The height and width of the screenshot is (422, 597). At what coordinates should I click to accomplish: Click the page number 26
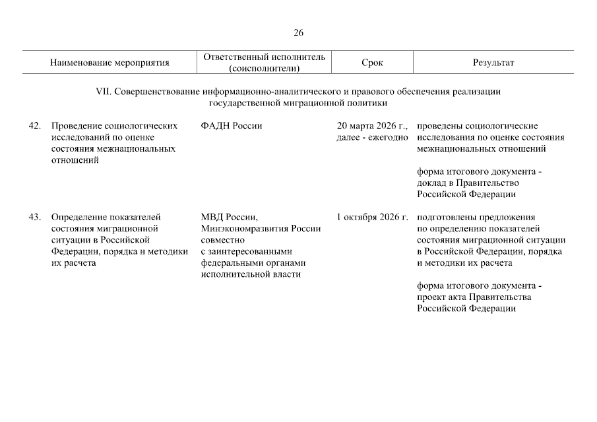click(x=298, y=32)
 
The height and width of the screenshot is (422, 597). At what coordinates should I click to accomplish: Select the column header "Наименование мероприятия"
click(x=110, y=63)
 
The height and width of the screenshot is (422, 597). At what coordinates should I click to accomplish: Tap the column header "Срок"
click(x=372, y=63)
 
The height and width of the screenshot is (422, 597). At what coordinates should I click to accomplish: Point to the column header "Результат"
click(x=493, y=63)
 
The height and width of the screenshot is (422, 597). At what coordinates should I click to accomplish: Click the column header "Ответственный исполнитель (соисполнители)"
click(x=265, y=63)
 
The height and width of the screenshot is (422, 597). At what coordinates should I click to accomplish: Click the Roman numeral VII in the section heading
click(x=104, y=92)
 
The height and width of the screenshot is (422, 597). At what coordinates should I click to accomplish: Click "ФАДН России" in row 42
click(x=232, y=126)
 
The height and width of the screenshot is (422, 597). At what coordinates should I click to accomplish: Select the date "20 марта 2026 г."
click(x=372, y=126)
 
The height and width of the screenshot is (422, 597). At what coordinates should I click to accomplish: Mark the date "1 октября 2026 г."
click(x=372, y=216)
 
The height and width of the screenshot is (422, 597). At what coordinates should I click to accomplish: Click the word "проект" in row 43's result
click(x=431, y=297)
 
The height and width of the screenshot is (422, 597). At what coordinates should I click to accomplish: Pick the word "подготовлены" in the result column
click(x=445, y=216)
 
